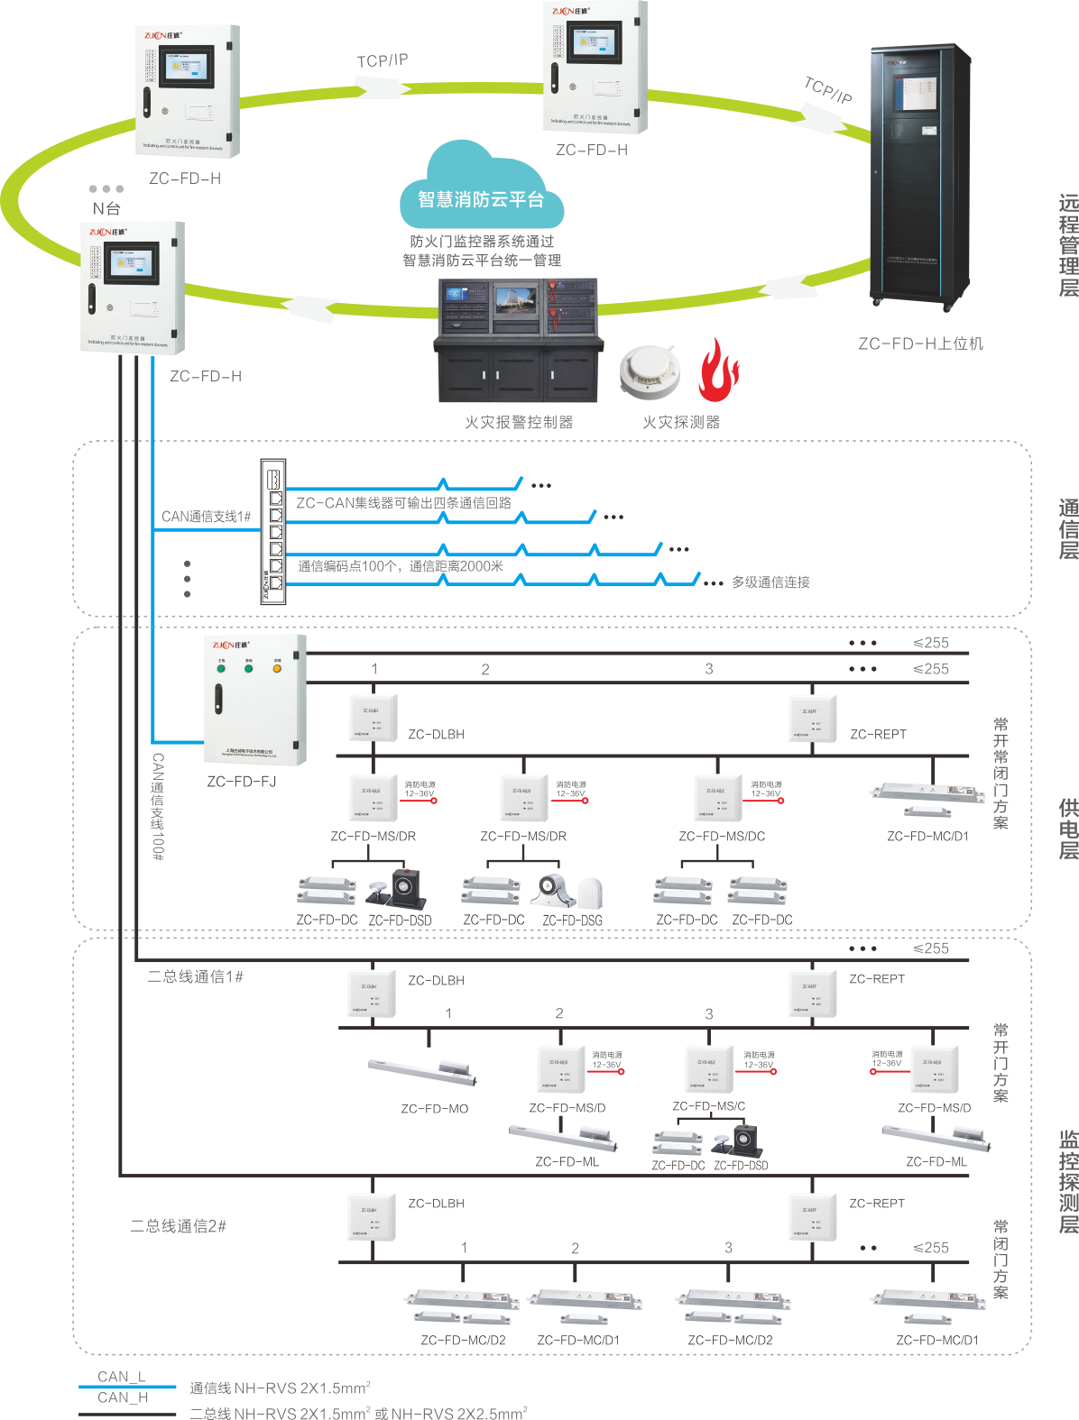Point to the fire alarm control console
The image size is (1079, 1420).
[x=519, y=341]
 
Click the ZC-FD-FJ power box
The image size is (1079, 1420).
[x=257, y=700]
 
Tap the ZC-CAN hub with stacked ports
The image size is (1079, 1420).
[x=272, y=531]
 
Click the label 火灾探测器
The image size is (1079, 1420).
[x=681, y=422]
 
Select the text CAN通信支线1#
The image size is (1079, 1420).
[x=207, y=517]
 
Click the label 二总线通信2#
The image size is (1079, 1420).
[x=178, y=1226]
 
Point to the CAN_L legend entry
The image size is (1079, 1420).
[x=122, y=1377]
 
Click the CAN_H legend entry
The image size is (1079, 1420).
[x=123, y=1397]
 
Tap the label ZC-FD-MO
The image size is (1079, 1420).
[x=434, y=1108]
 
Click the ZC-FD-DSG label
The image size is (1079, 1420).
[x=572, y=920]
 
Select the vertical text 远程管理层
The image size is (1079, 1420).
[x=1068, y=245]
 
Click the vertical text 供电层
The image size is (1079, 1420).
[x=1068, y=829]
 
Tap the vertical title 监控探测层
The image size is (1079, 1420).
[x=1068, y=1181]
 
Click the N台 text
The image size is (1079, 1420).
[x=106, y=208]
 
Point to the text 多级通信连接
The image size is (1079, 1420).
[x=770, y=582]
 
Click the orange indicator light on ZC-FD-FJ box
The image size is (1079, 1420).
[x=277, y=668]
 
